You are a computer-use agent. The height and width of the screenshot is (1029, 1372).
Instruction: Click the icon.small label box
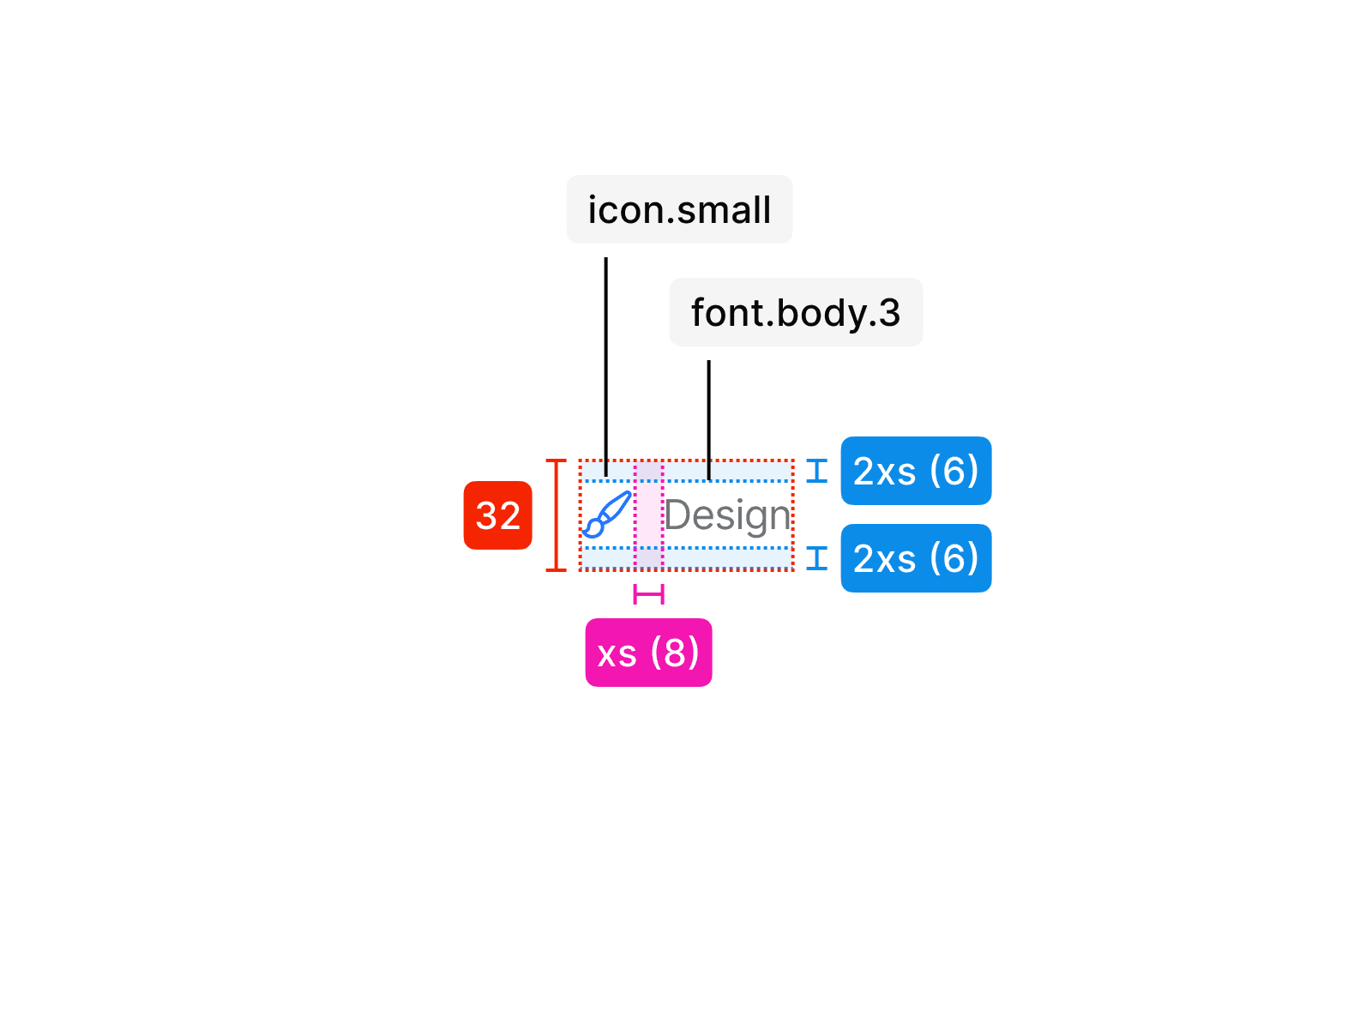tap(679, 209)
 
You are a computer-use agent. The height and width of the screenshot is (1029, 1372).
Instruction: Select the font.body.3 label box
tap(796, 312)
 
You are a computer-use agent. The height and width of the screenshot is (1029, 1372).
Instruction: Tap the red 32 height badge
tap(497, 515)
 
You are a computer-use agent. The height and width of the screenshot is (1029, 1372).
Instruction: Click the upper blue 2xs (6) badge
tap(916, 471)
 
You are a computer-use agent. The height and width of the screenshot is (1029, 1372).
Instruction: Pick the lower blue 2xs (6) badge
tap(916, 558)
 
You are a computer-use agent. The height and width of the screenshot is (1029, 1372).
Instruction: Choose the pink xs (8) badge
tap(648, 653)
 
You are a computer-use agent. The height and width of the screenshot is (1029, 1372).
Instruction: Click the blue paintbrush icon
tap(607, 514)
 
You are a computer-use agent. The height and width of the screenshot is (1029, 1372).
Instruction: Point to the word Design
tap(727, 515)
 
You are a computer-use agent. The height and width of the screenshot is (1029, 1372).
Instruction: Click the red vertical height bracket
tap(557, 515)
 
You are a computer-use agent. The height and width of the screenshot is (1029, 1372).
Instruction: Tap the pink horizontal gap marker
tap(648, 594)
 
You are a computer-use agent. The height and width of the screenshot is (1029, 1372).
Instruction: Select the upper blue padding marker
tap(817, 471)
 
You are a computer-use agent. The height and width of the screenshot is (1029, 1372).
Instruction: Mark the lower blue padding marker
tap(817, 558)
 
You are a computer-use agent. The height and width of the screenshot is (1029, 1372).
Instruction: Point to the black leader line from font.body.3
tap(709, 419)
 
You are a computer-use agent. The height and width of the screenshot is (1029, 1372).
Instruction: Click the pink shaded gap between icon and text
tap(648, 515)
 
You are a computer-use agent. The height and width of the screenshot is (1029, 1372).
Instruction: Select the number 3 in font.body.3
tap(889, 313)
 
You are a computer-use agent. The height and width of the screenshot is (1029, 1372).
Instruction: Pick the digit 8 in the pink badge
tap(675, 653)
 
